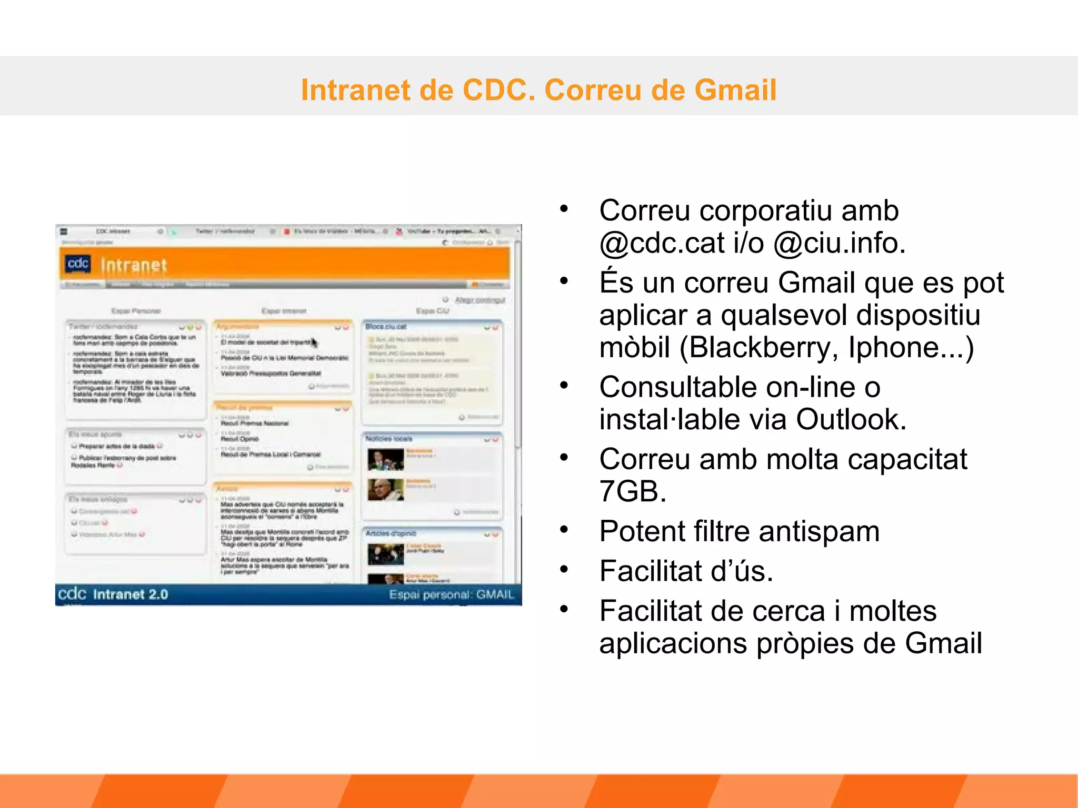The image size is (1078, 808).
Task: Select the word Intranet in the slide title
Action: point(356,90)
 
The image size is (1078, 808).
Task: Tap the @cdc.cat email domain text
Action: point(662,243)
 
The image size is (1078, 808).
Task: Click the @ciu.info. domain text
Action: point(840,243)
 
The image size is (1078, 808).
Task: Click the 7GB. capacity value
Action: point(632,491)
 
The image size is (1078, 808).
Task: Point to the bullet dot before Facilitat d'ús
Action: point(564,569)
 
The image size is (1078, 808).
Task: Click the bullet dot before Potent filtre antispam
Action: point(564,529)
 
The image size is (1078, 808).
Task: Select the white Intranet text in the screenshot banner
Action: point(134,265)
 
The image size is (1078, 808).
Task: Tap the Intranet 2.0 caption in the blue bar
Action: point(130,594)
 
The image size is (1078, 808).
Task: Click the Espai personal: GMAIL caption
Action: point(451,594)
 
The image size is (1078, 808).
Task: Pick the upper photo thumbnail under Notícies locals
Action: point(385,460)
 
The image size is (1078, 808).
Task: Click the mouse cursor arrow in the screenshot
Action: point(314,343)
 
